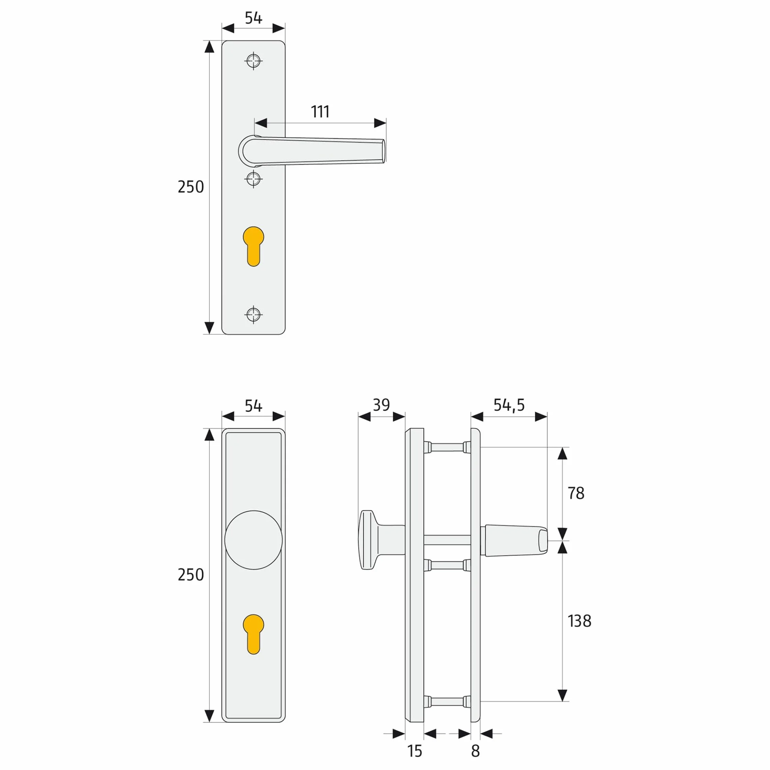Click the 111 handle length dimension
(320, 112)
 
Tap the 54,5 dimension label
(509, 405)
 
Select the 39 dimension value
(381, 405)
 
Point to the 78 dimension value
(576, 493)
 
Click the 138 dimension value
(579, 621)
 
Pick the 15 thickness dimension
(414, 751)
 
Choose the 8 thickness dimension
(475, 751)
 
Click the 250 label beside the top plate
(191, 187)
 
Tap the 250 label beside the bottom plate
(191, 575)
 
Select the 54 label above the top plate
(253, 18)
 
